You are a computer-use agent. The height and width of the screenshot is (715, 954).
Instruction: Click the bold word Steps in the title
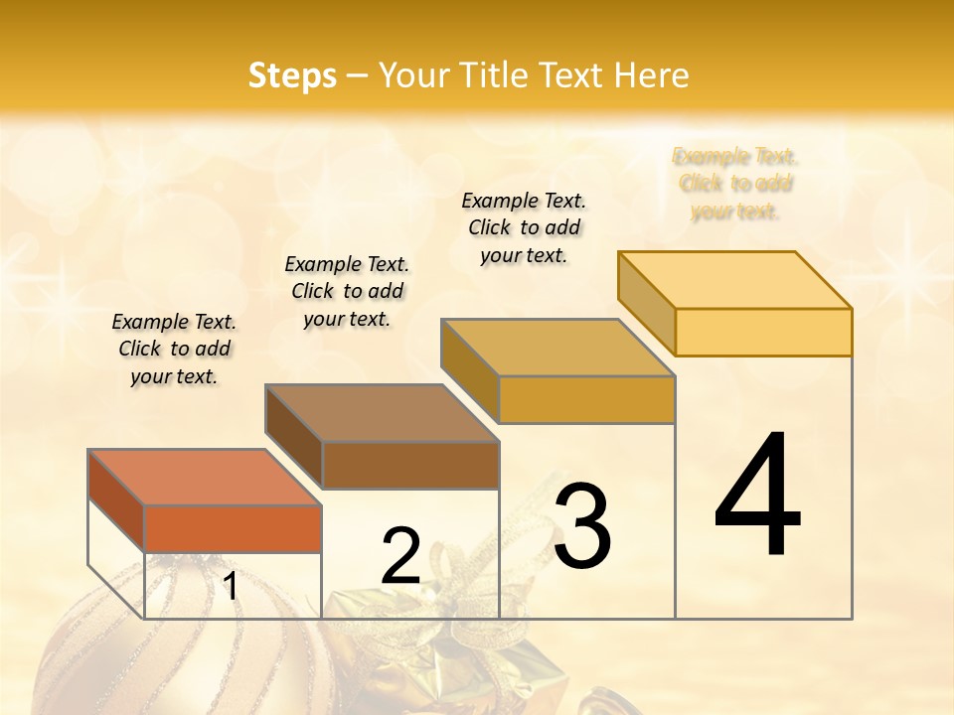(x=292, y=75)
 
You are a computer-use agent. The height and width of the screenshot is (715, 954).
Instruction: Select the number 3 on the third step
(x=582, y=526)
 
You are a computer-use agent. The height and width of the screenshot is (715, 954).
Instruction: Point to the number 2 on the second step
(x=400, y=556)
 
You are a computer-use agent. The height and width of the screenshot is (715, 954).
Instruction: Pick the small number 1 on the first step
(x=231, y=586)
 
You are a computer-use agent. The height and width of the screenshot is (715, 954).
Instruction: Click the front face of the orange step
(x=233, y=528)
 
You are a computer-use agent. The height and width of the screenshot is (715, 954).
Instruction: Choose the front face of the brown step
(x=410, y=465)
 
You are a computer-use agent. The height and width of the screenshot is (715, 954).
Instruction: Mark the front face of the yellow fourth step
(x=763, y=332)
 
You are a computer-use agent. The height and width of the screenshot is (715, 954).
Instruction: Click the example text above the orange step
(x=174, y=349)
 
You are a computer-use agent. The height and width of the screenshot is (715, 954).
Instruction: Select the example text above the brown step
(x=347, y=291)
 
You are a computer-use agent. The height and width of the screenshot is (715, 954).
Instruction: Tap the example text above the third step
(x=524, y=227)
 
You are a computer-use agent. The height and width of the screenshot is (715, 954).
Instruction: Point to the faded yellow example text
(x=735, y=184)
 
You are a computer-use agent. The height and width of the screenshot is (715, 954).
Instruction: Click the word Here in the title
(x=652, y=75)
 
